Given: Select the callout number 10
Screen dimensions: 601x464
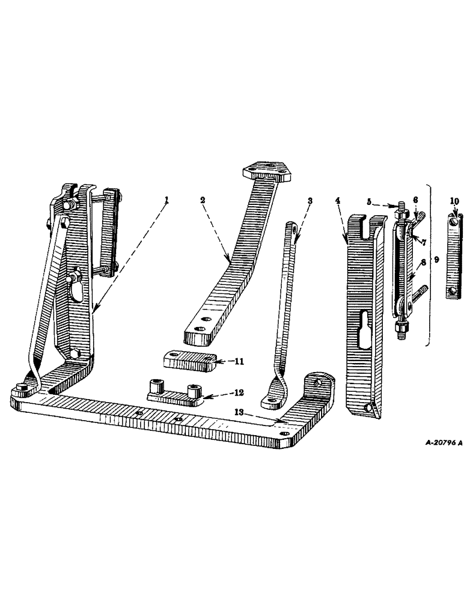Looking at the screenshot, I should [455, 200].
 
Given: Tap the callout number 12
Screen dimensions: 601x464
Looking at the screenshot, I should [222, 393].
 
